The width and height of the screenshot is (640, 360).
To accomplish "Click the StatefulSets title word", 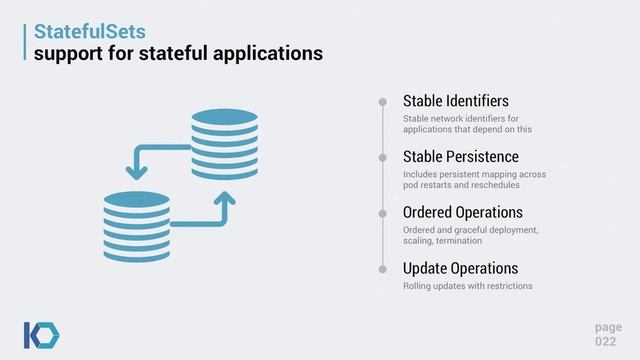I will click(x=85, y=31).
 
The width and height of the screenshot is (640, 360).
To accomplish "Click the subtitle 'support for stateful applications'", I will click(x=178, y=52).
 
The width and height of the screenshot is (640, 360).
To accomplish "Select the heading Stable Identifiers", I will click(x=456, y=101).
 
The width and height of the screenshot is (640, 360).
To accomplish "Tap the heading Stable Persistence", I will click(x=460, y=157).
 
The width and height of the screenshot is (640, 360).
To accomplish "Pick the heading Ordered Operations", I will click(x=462, y=213).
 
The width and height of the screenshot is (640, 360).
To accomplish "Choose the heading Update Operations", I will click(x=460, y=269).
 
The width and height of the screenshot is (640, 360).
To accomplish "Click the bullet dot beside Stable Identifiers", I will click(x=383, y=102).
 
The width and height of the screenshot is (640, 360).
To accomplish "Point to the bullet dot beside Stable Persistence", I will click(x=383, y=158).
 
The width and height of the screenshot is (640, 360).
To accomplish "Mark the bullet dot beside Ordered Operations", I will click(x=383, y=213).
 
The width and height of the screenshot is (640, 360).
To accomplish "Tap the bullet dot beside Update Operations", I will click(x=383, y=269).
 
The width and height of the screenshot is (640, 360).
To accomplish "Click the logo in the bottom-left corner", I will click(x=41, y=334).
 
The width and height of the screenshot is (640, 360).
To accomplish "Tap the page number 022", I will click(x=607, y=342).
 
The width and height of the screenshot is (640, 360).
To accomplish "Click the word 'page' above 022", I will click(x=607, y=327).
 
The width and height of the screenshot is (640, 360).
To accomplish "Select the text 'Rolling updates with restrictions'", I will click(x=467, y=287).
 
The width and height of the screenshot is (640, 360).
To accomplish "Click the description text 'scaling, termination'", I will click(x=443, y=241).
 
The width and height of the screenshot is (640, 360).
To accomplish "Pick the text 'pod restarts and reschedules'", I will click(x=462, y=186).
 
